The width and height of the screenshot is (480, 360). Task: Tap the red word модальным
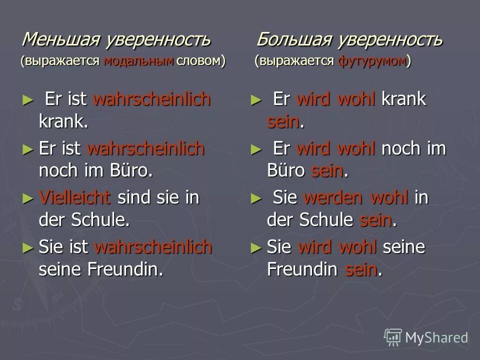tap(138, 61)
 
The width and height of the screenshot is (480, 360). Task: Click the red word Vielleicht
tap(74, 197)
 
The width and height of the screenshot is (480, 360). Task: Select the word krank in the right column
tap(404, 99)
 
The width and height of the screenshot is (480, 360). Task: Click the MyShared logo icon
tap(393, 337)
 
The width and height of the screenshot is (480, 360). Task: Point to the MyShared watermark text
tap(436, 337)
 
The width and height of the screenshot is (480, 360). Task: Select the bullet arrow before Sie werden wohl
tap(256, 198)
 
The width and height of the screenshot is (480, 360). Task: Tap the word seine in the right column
tap(404, 247)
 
